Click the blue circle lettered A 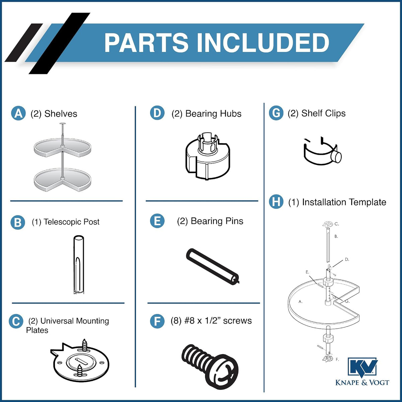coord(18,113)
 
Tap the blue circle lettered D coord(157,113)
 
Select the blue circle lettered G coord(276,113)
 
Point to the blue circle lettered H coord(276,202)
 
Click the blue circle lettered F coord(157,321)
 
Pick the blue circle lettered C coord(16,321)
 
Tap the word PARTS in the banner coord(146,43)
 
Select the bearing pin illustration coord(213,267)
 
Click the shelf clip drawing coord(323,151)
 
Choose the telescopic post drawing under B coord(79,265)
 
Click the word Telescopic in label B coord(63,222)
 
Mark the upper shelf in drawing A coord(63,148)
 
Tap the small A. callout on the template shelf coord(300,301)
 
